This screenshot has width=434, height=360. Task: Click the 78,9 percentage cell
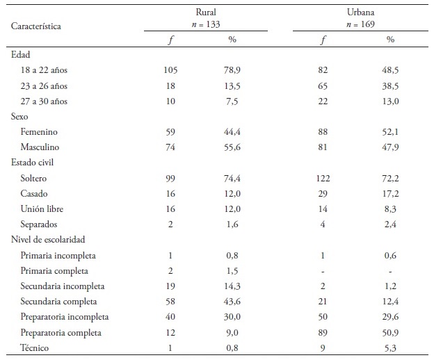tap(232, 70)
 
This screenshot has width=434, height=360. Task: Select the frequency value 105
tap(170, 70)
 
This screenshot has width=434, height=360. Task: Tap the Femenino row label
tap(40, 131)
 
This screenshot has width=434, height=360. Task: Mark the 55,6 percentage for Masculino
tap(232, 147)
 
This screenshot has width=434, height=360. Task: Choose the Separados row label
tap(40, 224)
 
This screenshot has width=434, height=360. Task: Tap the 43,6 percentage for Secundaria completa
tap(232, 301)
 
